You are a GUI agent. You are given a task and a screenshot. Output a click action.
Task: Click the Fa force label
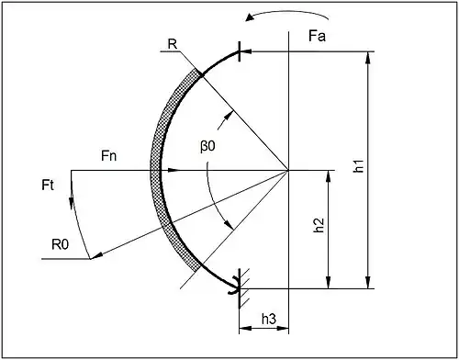point(317,36)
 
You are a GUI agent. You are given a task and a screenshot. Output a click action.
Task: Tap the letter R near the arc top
point(173,44)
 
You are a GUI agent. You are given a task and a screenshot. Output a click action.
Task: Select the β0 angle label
point(207,146)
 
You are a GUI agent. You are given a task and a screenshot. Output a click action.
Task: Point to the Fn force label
point(108,156)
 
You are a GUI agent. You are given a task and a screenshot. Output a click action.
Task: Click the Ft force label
point(48,186)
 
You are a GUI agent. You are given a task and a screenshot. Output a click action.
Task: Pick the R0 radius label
point(61,244)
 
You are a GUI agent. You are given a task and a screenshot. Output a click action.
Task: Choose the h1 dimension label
point(358,165)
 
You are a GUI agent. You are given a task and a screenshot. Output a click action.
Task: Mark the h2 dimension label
point(319,225)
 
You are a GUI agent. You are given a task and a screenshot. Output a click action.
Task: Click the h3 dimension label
point(269,319)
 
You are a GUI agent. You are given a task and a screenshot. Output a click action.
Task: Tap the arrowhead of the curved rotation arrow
point(250,17)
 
